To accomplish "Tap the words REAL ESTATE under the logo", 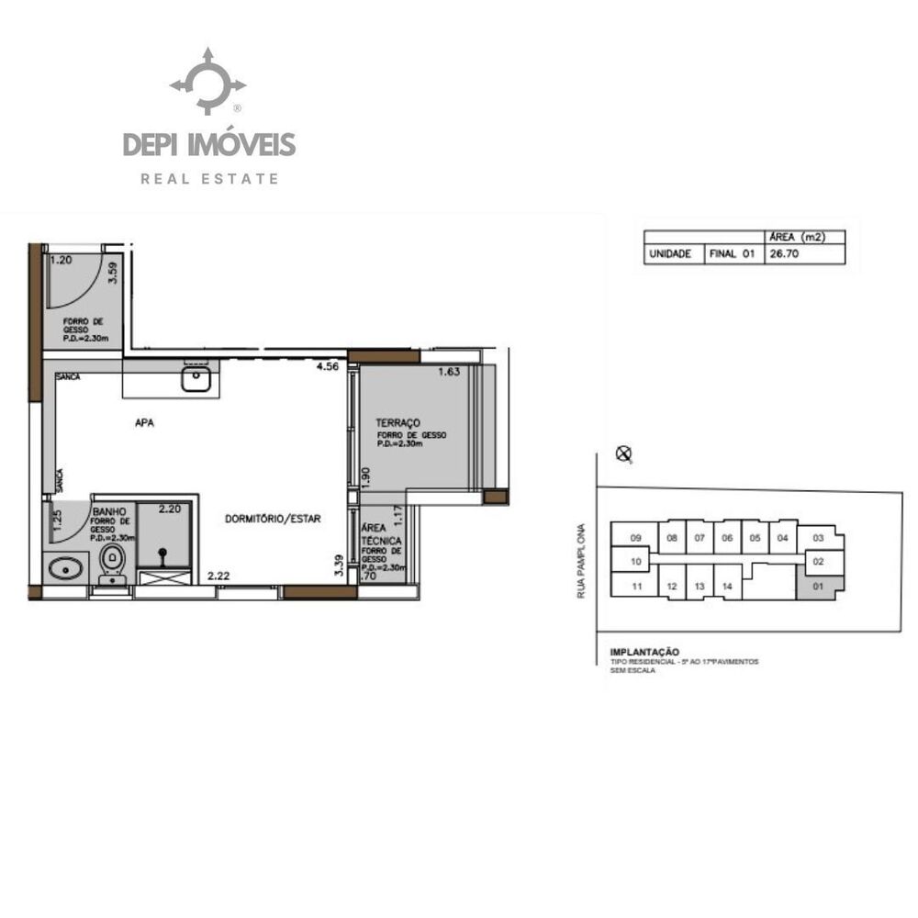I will click(x=209, y=179).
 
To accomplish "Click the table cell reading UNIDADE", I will click(x=669, y=254).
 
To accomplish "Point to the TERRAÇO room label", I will click(x=397, y=423).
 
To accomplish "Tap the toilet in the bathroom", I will click(x=113, y=561).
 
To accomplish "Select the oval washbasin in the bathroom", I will click(x=63, y=570).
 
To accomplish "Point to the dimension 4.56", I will click(x=327, y=367).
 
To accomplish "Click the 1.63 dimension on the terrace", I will click(x=449, y=372).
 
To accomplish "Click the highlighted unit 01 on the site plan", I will click(x=817, y=585).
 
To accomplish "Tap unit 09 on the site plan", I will click(x=635, y=538).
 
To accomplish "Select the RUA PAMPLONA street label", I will click(x=581, y=562).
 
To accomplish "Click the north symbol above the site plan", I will click(x=624, y=453).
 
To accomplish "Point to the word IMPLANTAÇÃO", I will click(x=644, y=653).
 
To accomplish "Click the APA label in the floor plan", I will click(x=144, y=423).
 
